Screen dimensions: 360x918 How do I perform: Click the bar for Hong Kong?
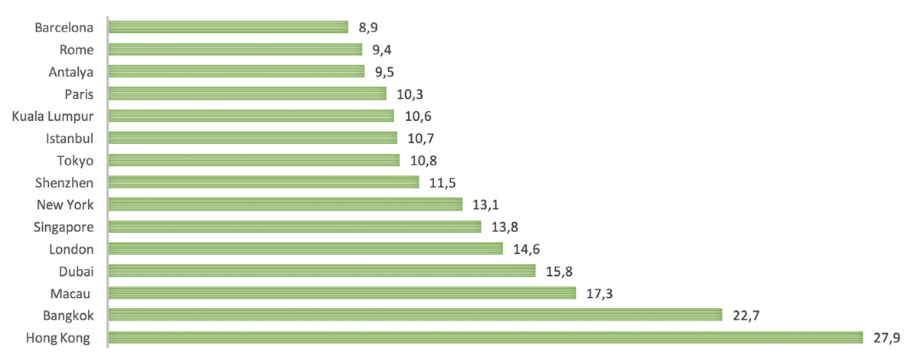[485, 338]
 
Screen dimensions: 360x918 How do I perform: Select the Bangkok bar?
[415, 316]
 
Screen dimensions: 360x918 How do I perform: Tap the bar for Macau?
[341, 293]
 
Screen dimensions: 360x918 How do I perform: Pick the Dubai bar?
[322, 271]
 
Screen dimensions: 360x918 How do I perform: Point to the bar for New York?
[286, 205]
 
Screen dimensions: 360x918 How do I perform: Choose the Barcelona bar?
[228, 27]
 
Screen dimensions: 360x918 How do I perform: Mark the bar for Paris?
[247, 93]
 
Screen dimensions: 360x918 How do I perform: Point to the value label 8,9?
[368, 28]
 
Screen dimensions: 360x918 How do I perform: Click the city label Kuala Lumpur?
[53, 116]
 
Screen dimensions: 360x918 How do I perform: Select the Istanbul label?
[70, 138]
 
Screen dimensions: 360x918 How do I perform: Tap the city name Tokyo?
[75, 160]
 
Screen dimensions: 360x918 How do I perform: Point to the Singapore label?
[64, 227]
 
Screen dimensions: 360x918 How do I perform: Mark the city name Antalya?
[70, 71]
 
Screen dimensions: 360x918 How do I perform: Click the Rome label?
[77, 50]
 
